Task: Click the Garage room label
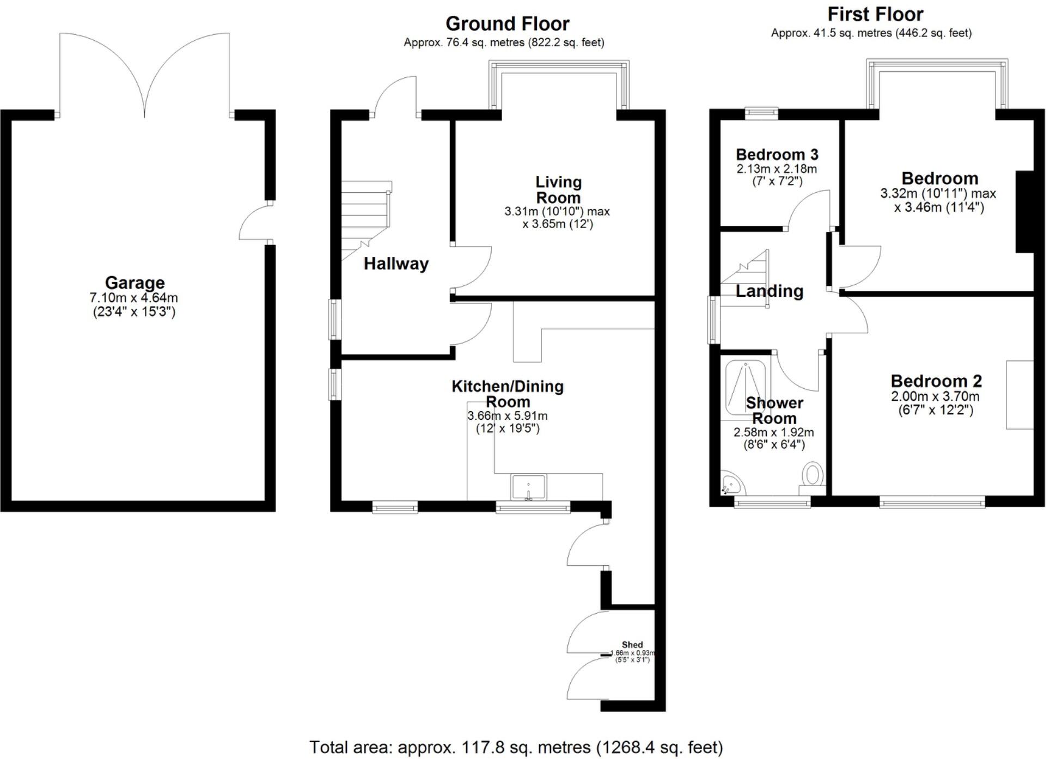(135, 283)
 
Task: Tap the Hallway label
(396, 264)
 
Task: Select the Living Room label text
(558, 189)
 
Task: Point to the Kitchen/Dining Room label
(508, 394)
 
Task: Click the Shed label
(632, 645)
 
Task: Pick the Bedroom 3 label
(777, 155)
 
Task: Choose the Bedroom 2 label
(936, 381)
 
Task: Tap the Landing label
(769, 291)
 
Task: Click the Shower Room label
(774, 411)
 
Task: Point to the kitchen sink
(528, 487)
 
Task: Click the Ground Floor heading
(507, 24)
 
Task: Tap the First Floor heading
(875, 14)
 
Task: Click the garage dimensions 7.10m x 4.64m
(134, 298)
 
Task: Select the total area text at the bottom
(516, 747)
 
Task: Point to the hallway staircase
(365, 218)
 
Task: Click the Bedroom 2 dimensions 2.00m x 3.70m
(935, 396)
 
